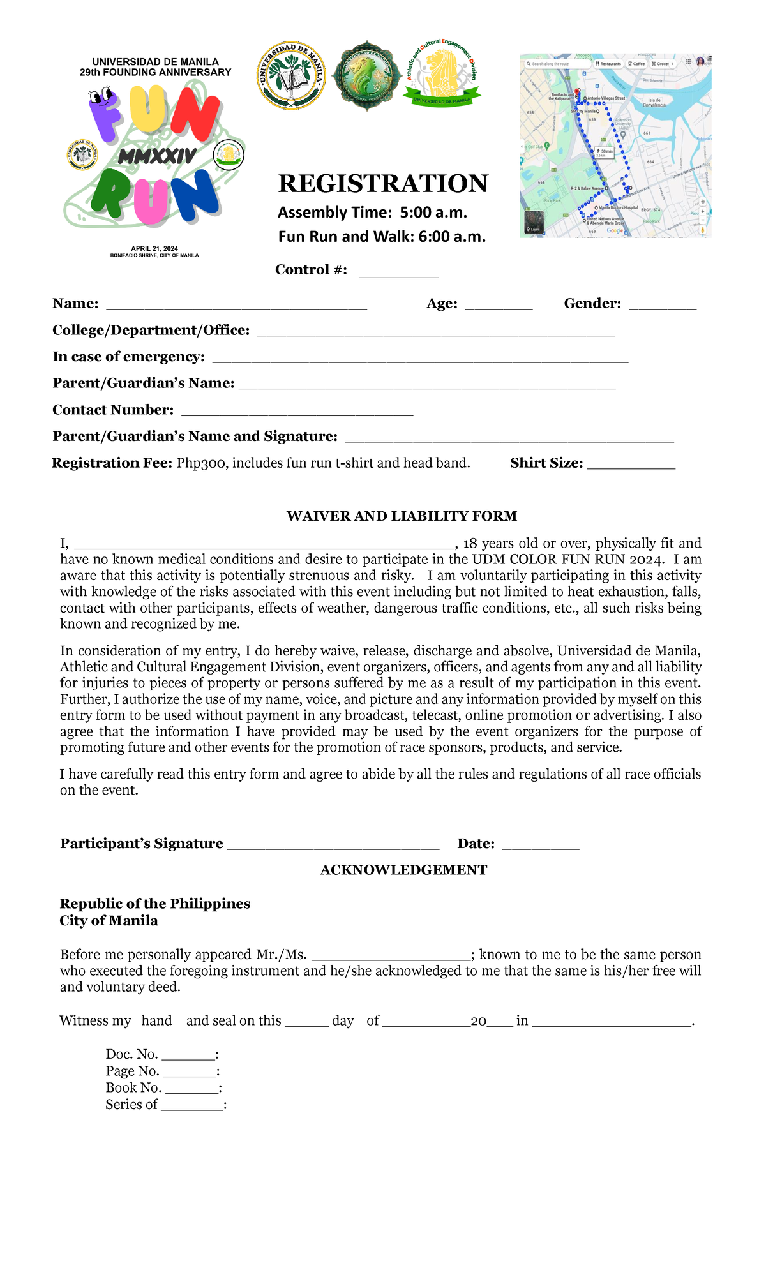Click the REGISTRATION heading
point(383,184)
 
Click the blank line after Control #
point(398,273)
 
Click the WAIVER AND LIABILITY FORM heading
point(402,516)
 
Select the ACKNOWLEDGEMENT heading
point(403,870)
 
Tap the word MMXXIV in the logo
point(157,156)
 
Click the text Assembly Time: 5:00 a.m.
point(372,213)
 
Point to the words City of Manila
point(109,921)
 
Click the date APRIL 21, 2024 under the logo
point(154,248)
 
